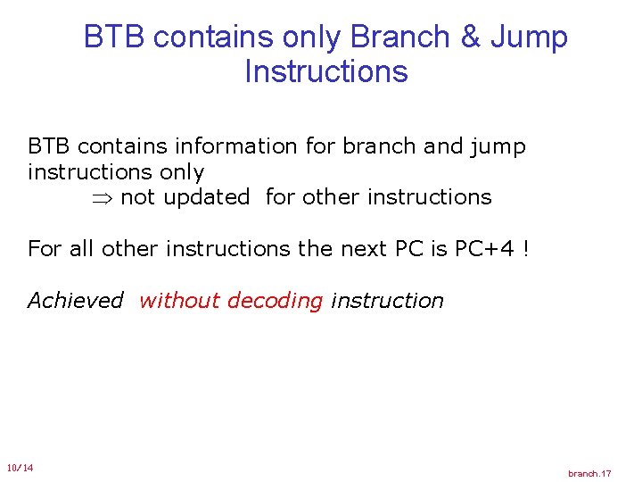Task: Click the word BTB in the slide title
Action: point(114,37)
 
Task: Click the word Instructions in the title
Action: point(325,71)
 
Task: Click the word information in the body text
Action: point(239,146)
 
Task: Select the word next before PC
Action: point(361,248)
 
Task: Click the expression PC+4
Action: point(486,248)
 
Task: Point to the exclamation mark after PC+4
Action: point(526,248)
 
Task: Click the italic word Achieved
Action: point(75,301)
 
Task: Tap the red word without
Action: point(180,301)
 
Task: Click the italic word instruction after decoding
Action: point(387,301)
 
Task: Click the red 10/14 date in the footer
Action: point(20,468)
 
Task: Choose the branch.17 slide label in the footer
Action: point(589,473)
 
